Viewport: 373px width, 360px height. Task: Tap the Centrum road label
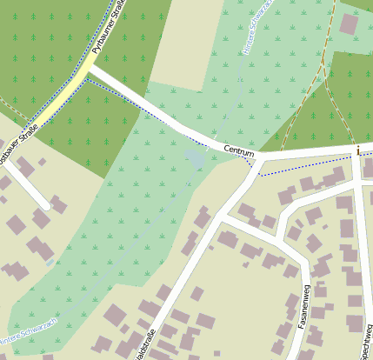238,150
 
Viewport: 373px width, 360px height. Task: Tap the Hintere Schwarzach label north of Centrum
258,27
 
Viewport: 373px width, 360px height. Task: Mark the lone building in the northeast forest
349,23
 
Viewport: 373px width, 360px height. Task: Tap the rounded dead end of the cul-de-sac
46,206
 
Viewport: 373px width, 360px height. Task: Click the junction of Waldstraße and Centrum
257,163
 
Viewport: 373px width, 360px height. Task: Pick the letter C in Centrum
227,149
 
